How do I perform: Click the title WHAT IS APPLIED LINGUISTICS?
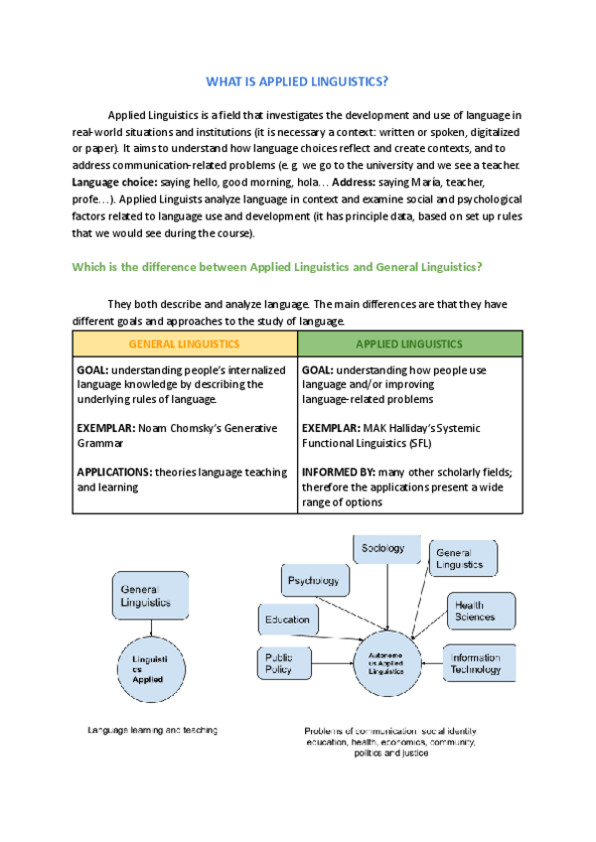click(297, 80)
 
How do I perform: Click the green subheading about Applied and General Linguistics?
click(277, 266)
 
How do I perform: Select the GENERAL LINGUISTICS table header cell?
click(185, 344)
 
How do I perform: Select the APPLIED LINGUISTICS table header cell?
click(409, 344)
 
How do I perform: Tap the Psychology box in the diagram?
click(314, 580)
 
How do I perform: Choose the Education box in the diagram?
click(287, 620)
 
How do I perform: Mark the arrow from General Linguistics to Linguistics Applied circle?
click(149, 629)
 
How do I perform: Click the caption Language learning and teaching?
click(152, 731)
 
